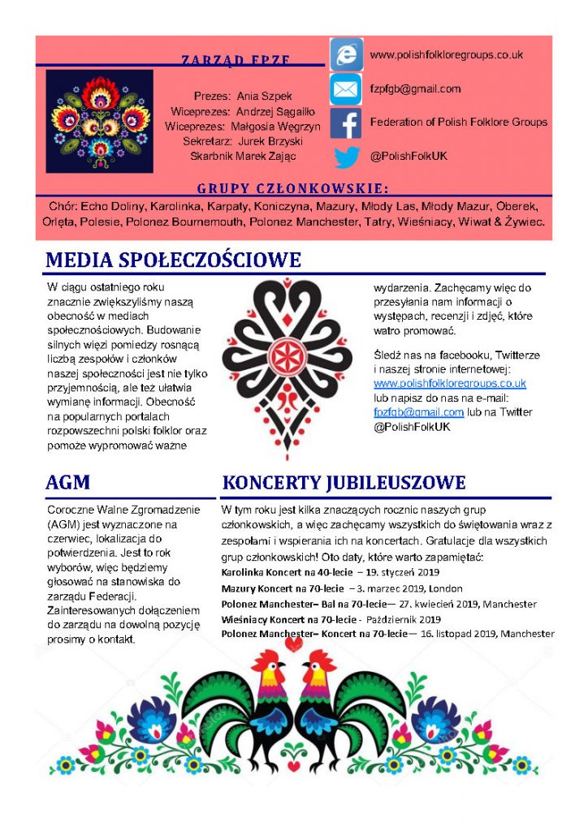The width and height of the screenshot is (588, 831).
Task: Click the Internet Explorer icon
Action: point(347,54)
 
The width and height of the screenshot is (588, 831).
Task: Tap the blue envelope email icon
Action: point(346,88)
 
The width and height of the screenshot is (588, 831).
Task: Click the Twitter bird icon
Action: point(347,157)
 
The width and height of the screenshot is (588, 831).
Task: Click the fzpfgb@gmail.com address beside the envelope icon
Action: point(415,89)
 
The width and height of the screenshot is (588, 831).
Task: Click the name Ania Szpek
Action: point(265,96)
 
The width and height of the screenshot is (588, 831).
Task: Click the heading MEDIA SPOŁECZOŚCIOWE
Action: point(174,260)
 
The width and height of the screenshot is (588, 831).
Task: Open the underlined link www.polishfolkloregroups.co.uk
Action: point(449,383)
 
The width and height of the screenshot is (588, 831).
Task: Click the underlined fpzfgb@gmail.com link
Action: point(418,412)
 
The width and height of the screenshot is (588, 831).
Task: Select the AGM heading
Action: point(68,483)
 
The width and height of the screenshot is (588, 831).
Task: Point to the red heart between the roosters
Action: point(294,646)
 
